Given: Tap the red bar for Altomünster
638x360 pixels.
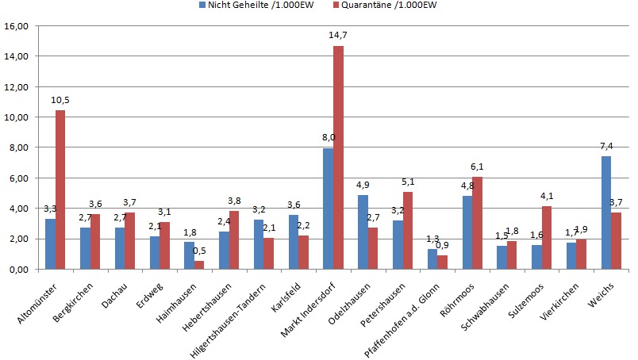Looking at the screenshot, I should [x=60, y=190].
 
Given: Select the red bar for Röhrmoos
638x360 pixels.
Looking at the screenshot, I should [x=477, y=223].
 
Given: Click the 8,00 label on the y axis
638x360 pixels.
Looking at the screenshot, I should [x=17, y=147].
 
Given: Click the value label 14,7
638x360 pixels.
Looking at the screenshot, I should [x=339, y=36].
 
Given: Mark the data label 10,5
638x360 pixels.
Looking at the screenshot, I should [x=61, y=100].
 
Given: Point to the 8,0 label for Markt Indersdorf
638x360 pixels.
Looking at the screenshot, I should [x=328, y=137].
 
